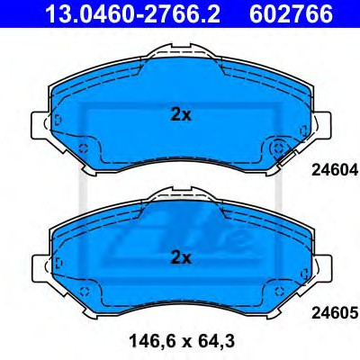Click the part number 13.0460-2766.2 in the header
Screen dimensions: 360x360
click(x=132, y=13)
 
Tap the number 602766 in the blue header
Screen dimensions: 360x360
click(x=291, y=13)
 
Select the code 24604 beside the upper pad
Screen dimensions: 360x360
click(x=335, y=171)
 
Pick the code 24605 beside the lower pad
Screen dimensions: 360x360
click(x=335, y=313)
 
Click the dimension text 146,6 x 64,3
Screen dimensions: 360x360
click(x=182, y=341)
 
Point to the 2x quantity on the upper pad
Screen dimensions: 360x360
click(x=181, y=115)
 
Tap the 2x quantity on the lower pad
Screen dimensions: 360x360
click(x=181, y=257)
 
